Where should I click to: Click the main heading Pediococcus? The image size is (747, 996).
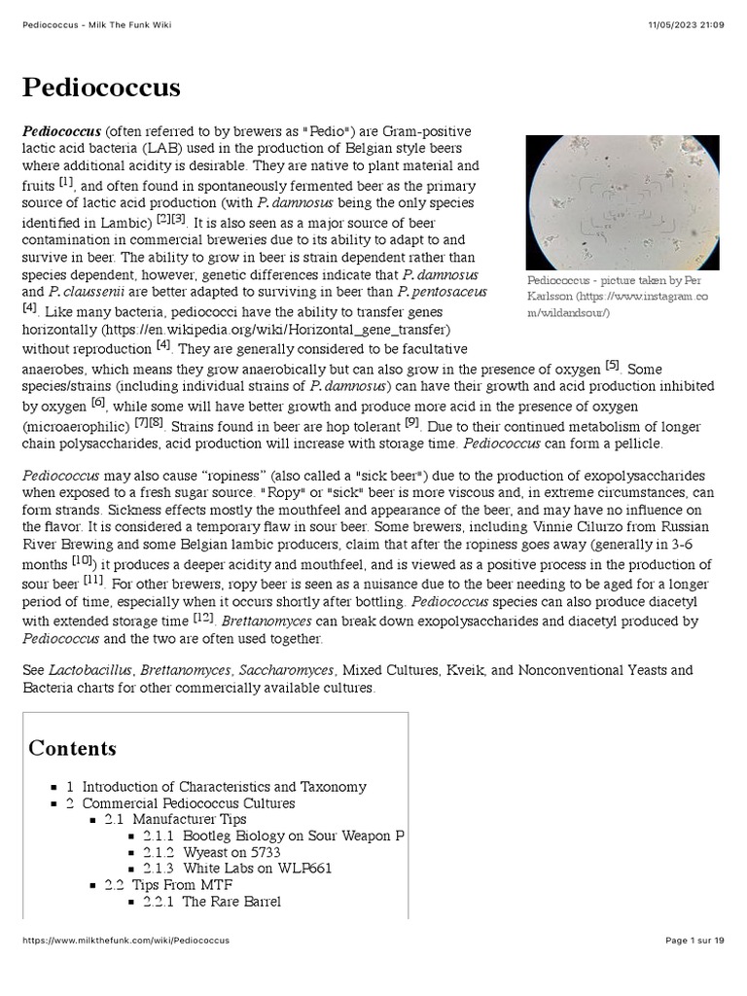coord(101,88)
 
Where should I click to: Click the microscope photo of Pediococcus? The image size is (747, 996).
coord(622,202)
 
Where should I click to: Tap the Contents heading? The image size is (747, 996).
coord(73,748)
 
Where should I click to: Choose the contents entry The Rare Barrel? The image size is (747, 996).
coord(231,902)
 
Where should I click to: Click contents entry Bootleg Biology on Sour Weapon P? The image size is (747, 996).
coord(272,836)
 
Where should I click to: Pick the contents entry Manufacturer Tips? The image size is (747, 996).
coord(175,820)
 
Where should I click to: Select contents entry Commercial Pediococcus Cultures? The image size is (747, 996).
coord(188,803)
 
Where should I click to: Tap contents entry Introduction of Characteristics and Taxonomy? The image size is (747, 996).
coord(224,787)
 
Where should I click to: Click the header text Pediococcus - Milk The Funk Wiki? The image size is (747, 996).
coord(96,23)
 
